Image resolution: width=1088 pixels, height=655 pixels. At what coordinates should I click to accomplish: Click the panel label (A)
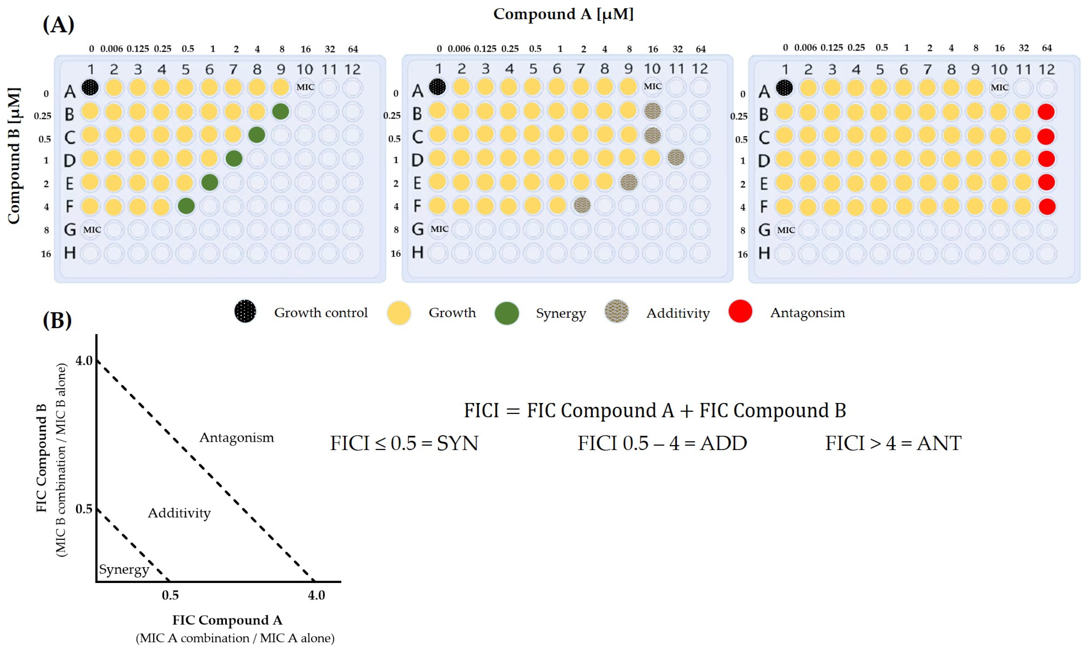[x=58, y=24]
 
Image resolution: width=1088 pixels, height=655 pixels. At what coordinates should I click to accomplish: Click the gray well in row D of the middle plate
[x=676, y=158]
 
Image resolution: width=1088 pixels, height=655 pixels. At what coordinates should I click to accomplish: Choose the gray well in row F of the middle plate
[x=581, y=205]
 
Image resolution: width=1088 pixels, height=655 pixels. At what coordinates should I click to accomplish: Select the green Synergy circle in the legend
[x=507, y=313]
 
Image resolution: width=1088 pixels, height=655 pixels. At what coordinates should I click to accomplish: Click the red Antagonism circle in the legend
[x=740, y=312]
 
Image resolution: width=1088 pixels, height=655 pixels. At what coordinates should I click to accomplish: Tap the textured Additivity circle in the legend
[x=616, y=312]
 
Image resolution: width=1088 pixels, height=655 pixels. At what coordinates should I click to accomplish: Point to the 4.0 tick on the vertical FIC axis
[x=84, y=361]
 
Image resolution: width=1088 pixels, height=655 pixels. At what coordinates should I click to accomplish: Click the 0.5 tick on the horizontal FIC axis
[x=170, y=595]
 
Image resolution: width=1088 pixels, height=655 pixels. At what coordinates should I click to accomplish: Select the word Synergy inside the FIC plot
[x=124, y=569]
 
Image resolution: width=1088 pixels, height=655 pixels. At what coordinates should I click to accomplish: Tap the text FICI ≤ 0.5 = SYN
[x=404, y=443]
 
